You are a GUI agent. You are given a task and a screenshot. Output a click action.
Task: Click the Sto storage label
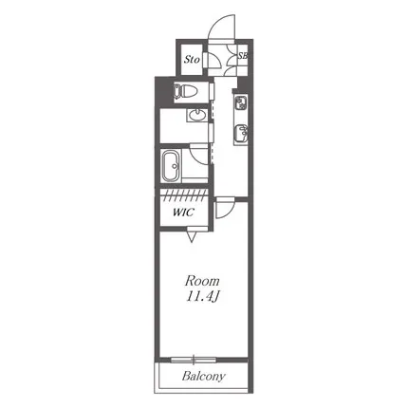tap(192, 59)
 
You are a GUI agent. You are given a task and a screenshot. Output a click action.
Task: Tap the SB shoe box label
tap(243, 56)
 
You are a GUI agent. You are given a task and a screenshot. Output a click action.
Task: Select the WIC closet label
tap(183, 212)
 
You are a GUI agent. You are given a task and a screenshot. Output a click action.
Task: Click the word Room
tap(202, 281)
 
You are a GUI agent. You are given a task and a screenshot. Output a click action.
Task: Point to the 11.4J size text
tap(202, 297)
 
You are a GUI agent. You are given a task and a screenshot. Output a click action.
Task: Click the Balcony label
tap(204, 376)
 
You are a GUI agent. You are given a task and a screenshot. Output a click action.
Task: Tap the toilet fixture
tap(185, 91)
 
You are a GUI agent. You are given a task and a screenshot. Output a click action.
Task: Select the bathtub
tap(171, 165)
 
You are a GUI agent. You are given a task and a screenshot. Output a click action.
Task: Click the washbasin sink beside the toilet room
tap(197, 115)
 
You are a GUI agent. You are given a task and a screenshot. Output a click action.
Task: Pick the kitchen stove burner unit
tap(241, 102)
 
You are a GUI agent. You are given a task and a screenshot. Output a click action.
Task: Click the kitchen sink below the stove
tap(241, 134)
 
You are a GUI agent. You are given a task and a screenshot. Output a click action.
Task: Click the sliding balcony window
tap(194, 360)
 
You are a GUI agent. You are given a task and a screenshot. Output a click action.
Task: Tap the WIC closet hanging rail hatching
tap(184, 195)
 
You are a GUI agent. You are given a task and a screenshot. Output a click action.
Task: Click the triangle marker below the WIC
tap(192, 237)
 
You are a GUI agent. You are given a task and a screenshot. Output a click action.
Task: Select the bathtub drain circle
tap(174, 165)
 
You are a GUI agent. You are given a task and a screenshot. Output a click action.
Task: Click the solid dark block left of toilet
tap(163, 92)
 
